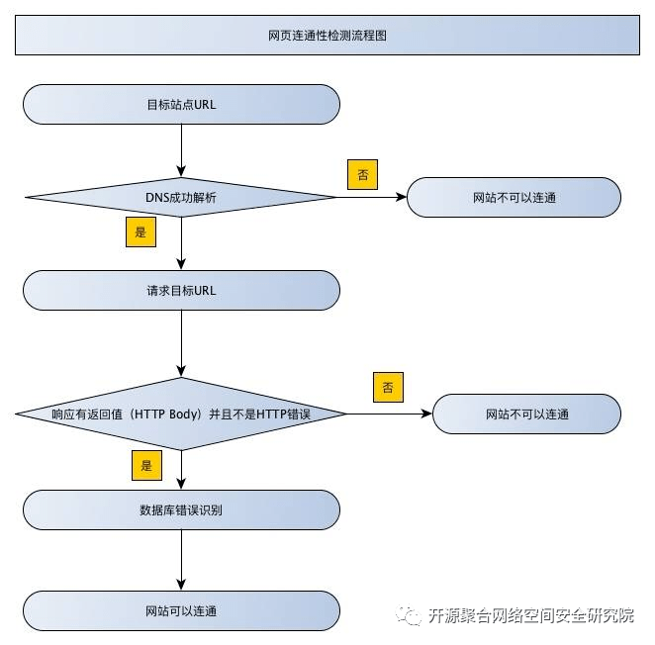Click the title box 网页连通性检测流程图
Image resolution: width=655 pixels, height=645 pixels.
click(327, 36)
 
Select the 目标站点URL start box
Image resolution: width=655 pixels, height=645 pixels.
click(181, 104)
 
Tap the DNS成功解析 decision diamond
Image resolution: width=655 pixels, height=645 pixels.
click(181, 197)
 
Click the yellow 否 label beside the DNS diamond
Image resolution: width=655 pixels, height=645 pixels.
click(362, 174)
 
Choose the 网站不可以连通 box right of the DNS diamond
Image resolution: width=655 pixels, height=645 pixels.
click(514, 197)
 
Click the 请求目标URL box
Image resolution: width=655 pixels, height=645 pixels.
click(181, 291)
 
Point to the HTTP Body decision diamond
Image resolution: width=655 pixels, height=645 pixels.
click(181, 414)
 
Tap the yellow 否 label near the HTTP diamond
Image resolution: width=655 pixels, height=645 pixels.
click(388, 386)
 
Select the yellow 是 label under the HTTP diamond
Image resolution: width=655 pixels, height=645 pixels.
click(146, 464)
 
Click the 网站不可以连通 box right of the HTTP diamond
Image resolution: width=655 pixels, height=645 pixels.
click(526, 414)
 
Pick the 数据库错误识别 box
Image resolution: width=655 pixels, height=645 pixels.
click(181, 509)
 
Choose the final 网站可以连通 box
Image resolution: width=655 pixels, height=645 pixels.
click(181, 610)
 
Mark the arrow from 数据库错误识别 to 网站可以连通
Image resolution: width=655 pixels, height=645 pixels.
click(181, 560)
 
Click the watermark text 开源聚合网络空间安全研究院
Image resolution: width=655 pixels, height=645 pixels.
click(530, 616)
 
